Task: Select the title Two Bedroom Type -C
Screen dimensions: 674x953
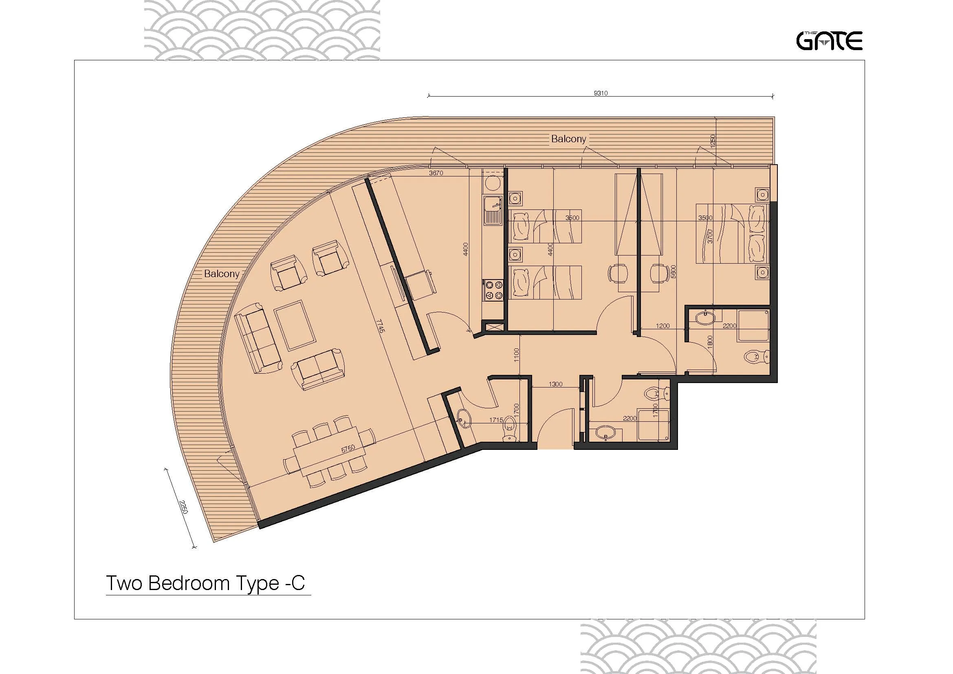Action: pyautogui.click(x=205, y=583)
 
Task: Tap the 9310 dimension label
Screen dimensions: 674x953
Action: pyautogui.click(x=601, y=93)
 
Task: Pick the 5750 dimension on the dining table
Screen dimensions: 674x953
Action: pyautogui.click(x=348, y=449)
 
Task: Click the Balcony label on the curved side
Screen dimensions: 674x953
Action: pyautogui.click(x=222, y=274)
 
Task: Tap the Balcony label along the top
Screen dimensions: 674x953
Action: pyautogui.click(x=568, y=139)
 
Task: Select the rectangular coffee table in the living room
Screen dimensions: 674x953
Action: pyautogui.click(x=295, y=325)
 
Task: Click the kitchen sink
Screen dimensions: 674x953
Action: pyautogui.click(x=493, y=209)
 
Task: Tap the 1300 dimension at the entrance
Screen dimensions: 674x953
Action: pyautogui.click(x=555, y=384)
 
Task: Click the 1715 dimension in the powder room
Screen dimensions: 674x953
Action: pyautogui.click(x=496, y=420)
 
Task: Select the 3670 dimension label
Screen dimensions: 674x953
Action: pyautogui.click(x=436, y=173)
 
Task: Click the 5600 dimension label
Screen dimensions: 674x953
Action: pyautogui.click(x=673, y=272)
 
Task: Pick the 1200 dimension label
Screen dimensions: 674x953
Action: pyautogui.click(x=662, y=326)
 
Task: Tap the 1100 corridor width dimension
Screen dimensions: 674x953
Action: pyautogui.click(x=516, y=355)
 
